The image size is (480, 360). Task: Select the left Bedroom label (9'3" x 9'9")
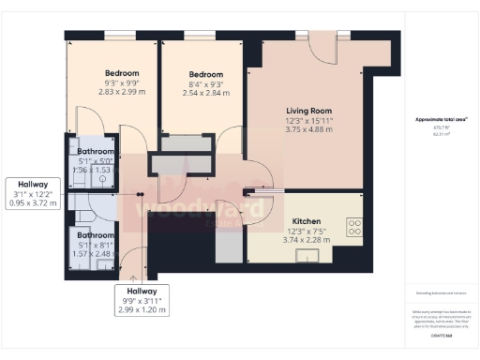tap(122, 73)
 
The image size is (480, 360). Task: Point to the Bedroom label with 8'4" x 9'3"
tap(205, 74)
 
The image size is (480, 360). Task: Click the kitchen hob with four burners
tap(354, 228)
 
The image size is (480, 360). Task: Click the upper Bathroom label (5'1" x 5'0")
tap(96, 151)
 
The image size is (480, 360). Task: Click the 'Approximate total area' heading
tap(441, 119)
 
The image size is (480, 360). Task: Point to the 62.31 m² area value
tap(441, 134)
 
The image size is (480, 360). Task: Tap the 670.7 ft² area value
tap(441, 127)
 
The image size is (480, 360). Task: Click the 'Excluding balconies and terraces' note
tap(441, 294)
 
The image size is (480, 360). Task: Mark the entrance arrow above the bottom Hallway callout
tap(133, 277)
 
